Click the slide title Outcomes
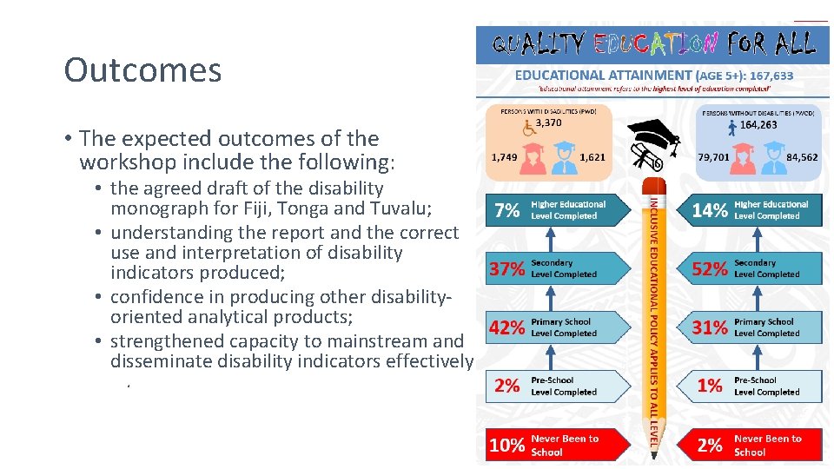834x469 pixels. click(x=142, y=70)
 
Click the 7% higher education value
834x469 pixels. click(x=506, y=210)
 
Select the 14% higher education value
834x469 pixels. click(x=710, y=210)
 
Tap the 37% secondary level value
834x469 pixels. click(x=506, y=269)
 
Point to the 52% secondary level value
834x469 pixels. click(x=710, y=269)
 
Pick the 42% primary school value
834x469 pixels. click(x=506, y=327)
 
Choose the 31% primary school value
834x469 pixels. click(x=710, y=327)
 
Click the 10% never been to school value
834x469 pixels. click(x=506, y=446)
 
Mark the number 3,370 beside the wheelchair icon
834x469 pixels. click(x=548, y=122)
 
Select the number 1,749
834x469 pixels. click(x=506, y=157)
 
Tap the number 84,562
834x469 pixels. click(x=800, y=157)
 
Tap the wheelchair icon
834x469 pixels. click(x=527, y=128)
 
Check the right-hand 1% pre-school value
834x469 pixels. click(x=710, y=386)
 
